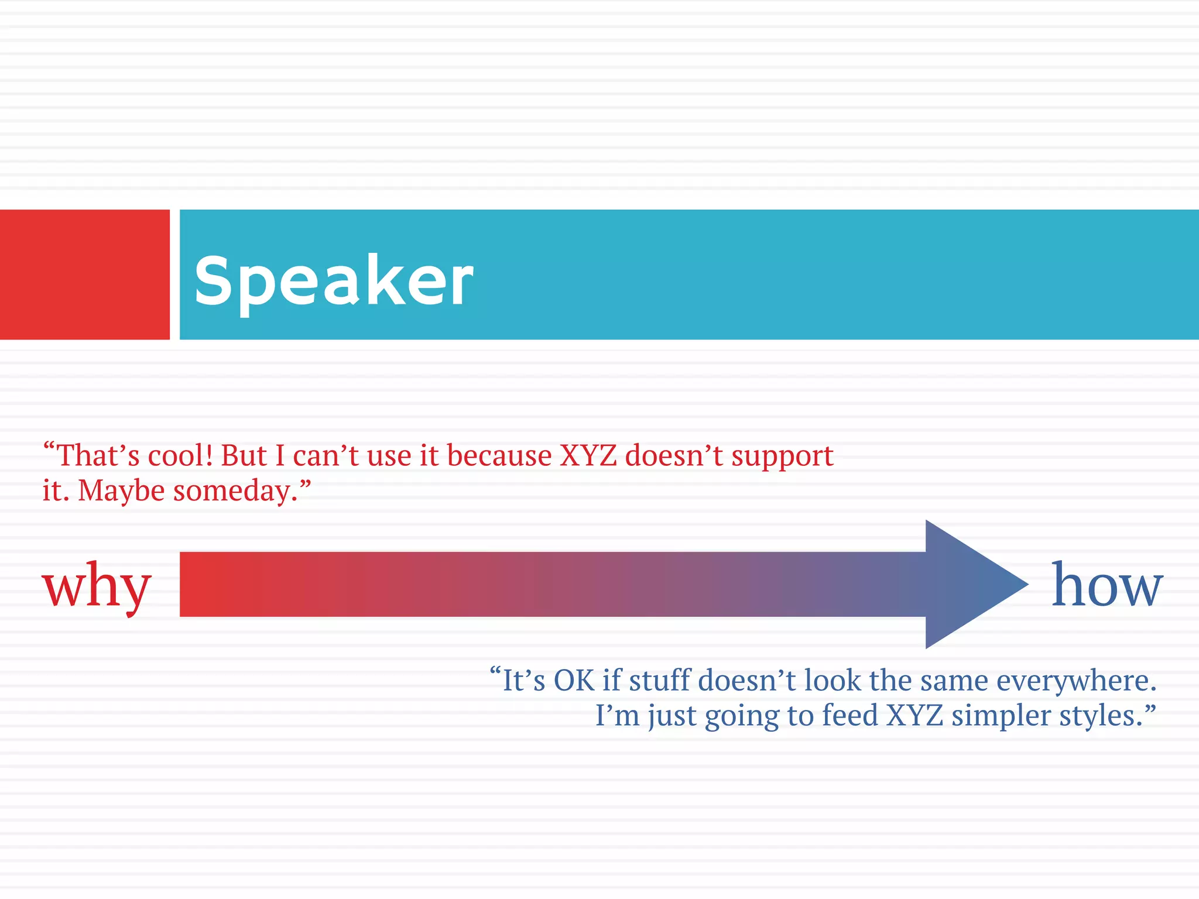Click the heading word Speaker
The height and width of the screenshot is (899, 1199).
point(334,281)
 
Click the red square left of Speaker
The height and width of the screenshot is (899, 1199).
point(84,274)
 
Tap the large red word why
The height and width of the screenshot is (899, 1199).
point(97,585)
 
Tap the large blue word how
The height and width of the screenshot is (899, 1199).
point(1106,585)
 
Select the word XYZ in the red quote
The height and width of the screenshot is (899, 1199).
point(588,456)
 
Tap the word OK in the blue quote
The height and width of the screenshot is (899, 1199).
point(574,681)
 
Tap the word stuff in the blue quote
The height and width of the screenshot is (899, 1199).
point(659,681)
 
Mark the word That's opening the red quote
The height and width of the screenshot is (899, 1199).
point(97,456)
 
